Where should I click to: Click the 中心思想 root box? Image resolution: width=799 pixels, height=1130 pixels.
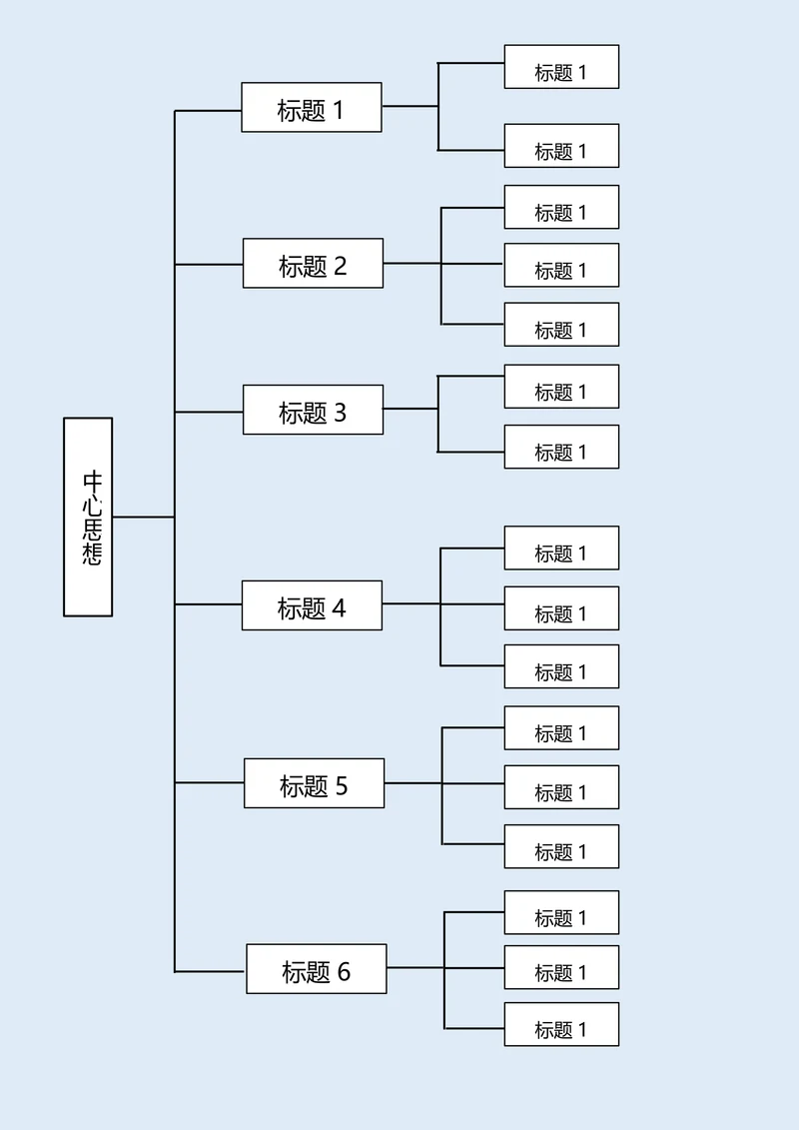coord(88,517)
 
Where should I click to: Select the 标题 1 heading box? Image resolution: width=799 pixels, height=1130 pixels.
coord(312,107)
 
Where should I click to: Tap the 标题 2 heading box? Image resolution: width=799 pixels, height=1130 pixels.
coord(313,264)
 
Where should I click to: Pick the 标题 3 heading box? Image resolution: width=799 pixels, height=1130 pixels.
coord(313,410)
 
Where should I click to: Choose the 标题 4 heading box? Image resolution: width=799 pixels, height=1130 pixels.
coord(312,605)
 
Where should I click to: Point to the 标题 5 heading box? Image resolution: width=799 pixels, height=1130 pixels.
coord(314,783)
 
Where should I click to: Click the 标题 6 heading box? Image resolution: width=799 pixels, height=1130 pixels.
coord(316,969)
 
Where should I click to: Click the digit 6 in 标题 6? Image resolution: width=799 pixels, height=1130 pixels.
coord(344,971)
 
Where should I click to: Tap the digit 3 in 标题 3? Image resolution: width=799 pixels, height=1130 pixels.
coord(340,412)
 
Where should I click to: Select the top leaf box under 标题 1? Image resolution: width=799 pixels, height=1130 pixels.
coord(561,67)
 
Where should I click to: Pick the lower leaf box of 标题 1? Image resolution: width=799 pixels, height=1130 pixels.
coord(561,146)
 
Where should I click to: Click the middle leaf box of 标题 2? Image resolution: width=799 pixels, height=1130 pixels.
coord(561,265)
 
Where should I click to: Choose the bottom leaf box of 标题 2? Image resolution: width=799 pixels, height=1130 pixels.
coord(561,325)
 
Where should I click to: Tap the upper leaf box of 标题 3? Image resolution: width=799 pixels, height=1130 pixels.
coord(561,387)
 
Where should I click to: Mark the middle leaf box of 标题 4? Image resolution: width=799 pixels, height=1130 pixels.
coord(561,608)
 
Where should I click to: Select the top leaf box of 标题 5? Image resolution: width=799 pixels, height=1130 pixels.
coord(561,728)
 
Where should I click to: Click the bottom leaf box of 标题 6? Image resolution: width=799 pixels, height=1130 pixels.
coord(561,1025)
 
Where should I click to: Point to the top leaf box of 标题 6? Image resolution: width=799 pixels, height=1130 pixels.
coord(561,913)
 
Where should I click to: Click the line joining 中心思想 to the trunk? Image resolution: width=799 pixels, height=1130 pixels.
coord(144,517)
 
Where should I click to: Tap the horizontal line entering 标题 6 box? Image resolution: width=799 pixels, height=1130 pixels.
coord(210,970)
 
